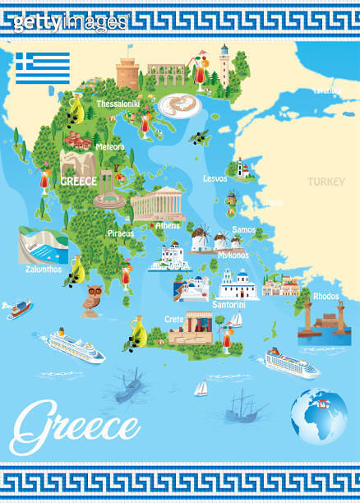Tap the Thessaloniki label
118,104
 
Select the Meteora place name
110,147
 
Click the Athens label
168,225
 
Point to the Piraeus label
120,233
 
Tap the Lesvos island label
215,178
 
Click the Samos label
244,230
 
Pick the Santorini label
228,304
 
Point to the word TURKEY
326,182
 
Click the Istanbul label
326,91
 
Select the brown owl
92,298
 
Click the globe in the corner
319,417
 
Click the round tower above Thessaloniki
128,73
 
